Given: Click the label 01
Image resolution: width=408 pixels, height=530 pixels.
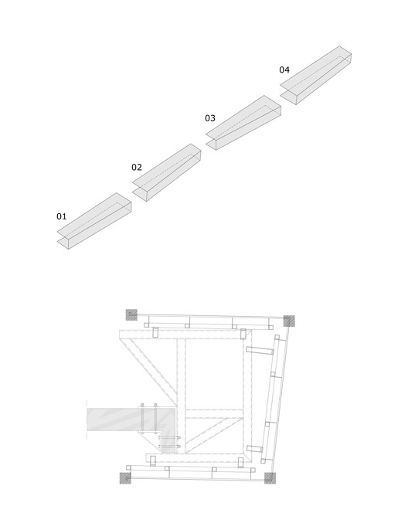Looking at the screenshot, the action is tap(61, 216).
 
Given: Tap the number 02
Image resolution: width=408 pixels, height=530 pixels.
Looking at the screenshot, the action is tap(137, 167).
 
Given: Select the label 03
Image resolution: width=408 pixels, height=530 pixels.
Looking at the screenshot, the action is tap(210, 118).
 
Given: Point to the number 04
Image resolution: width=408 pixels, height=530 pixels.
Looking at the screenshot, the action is tap(284, 70).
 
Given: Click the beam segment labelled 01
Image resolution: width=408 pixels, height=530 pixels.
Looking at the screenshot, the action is tap(94, 221).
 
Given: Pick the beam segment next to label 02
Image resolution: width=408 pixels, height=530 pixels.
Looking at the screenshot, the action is tap(167, 172).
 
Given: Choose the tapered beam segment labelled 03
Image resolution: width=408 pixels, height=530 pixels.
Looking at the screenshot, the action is tap(243, 122).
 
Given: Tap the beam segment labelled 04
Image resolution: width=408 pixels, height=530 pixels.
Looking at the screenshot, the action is tap(316, 75).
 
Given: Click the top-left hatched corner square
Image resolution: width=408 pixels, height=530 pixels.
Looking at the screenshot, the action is tap(131, 314).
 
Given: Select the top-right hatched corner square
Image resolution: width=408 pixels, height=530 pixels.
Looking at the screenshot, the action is tap(289, 321).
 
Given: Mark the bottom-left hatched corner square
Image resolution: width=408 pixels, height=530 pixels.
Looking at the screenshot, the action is tap(125, 478).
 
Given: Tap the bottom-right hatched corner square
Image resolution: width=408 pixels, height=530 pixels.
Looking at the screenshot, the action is tap(270, 478).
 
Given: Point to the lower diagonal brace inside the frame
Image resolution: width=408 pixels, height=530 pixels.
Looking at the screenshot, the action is tap(213, 435).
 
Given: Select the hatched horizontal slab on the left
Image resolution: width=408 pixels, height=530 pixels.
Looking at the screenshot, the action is tap(132, 420).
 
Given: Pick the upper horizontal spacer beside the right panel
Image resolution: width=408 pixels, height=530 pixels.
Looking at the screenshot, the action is tap(260, 351).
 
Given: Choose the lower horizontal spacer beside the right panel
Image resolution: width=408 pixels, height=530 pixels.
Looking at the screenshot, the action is tap(255, 449).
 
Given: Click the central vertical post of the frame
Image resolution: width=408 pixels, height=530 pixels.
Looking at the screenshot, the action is tap(182, 396).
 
